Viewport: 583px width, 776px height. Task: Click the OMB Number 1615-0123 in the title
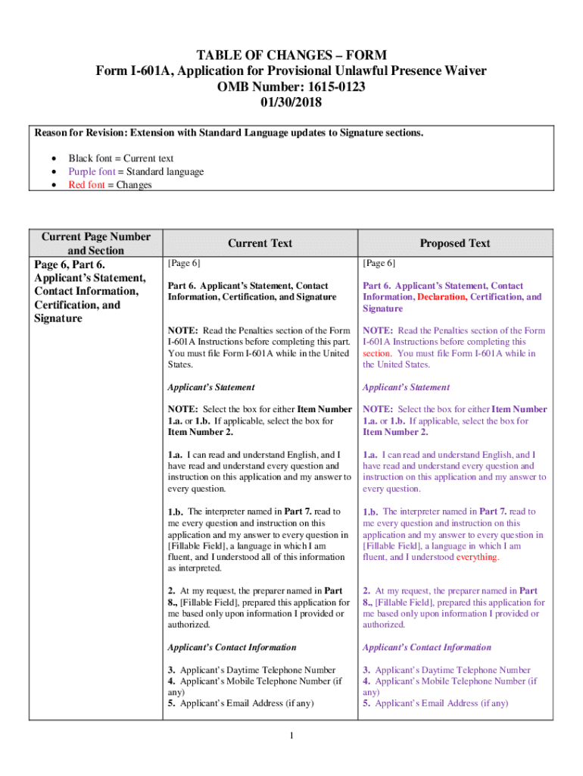291,86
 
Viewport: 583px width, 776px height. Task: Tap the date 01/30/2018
291,102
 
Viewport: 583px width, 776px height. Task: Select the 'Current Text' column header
260,243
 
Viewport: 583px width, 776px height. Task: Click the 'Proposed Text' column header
455,243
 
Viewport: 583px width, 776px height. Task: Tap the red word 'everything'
477,557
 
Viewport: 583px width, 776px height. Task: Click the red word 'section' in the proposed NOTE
376,353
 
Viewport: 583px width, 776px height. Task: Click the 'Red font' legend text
86,185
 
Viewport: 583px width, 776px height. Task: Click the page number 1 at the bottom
291,736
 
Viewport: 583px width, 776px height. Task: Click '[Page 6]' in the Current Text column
184,263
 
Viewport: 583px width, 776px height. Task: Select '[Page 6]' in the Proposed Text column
379,263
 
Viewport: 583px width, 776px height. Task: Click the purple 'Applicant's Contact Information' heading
427,647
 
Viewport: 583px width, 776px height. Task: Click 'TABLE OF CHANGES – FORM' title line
291,55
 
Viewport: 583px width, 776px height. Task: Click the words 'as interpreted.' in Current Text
195,568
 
